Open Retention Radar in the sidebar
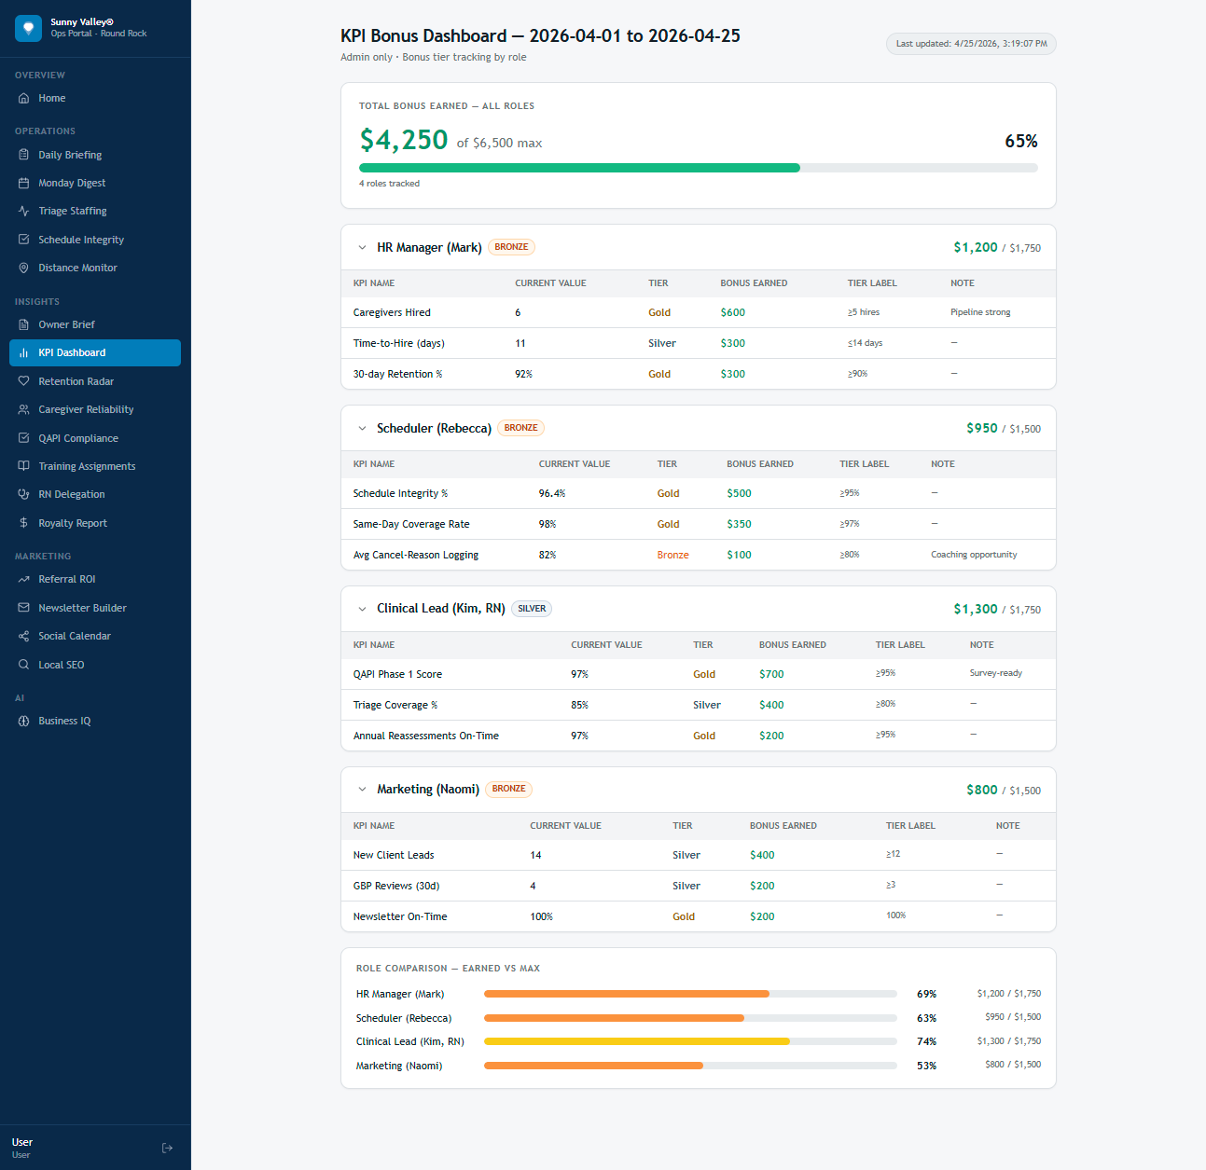[x=76, y=381]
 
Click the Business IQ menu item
[x=64, y=721]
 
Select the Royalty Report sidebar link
[x=72, y=523]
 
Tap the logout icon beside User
[x=167, y=1148]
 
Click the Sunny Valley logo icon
[x=29, y=28]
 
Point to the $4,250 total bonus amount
[x=404, y=140]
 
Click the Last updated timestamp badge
[x=971, y=44]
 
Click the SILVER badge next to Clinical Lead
[x=532, y=609]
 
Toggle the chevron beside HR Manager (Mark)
[x=362, y=248]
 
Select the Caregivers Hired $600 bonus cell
[x=732, y=312]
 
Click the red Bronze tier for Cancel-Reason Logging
[x=672, y=555]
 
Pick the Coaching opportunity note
[x=973, y=555]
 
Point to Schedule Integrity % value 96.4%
[x=551, y=493]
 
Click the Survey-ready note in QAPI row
[x=995, y=673]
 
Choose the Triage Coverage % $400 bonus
[x=771, y=705]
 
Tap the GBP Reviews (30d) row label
[x=396, y=886]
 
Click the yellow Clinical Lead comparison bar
[x=636, y=1041]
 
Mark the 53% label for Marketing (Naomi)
[x=926, y=1066]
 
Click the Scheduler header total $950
[x=981, y=428]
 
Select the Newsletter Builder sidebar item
[x=82, y=608]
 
